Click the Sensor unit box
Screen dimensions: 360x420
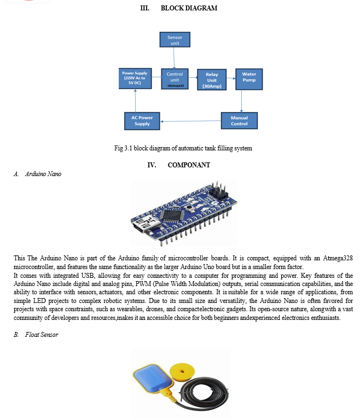tap(175, 39)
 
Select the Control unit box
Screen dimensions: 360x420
tap(175, 79)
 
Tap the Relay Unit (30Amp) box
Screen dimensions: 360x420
tap(212, 79)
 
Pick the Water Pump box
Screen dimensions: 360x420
tap(249, 79)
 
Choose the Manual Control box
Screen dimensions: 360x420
tap(240, 120)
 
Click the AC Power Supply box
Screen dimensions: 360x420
tap(142, 121)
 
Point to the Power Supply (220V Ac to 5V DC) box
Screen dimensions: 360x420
tap(135, 79)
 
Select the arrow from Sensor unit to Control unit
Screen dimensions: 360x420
tap(174, 58)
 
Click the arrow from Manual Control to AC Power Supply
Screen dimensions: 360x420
tap(190, 121)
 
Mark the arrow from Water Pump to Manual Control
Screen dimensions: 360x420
tap(241, 101)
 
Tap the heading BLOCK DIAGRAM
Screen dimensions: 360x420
tap(189, 8)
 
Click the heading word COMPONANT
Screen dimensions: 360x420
tap(189, 165)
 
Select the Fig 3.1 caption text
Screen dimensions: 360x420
tap(183, 148)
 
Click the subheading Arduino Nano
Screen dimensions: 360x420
tap(43, 174)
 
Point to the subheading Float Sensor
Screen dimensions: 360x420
tap(42, 335)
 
